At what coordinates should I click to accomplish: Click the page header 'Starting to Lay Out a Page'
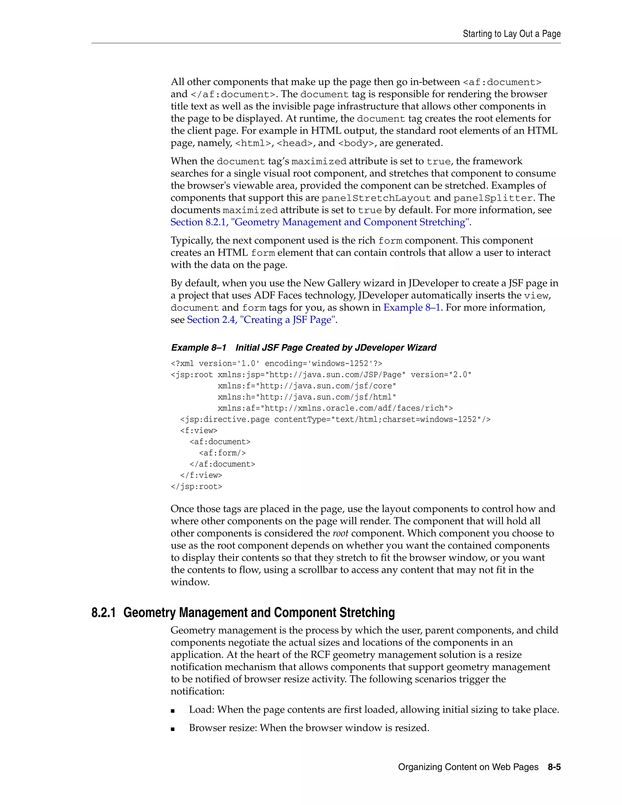[x=511, y=34]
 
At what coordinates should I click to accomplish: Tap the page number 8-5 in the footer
[x=554, y=767]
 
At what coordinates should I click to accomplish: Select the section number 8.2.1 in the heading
[x=103, y=613]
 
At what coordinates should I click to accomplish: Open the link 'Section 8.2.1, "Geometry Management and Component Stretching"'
[x=320, y=222]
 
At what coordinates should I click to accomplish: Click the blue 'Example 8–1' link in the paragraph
[x=412, y=308]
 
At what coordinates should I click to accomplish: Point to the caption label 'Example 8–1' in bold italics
[x=199, y=348]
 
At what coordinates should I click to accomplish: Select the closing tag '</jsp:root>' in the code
[x=197, y=487]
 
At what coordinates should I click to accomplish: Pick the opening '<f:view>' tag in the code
[x=199, y=430]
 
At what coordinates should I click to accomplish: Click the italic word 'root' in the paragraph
[x=340, y=533]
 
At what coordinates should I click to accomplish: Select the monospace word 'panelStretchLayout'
[x=376, y=198]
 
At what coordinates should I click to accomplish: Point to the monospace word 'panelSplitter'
[x=493, y=198]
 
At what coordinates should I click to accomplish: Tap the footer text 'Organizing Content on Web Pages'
[x=468, y=767]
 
